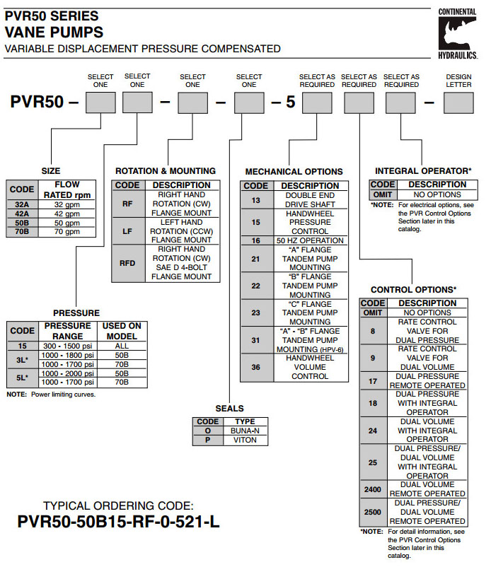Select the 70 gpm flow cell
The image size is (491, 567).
68,231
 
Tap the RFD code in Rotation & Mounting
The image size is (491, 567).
127,263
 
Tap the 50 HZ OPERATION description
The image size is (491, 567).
310,240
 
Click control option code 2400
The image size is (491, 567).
373,489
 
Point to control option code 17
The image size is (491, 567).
373,381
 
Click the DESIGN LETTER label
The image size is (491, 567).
459,80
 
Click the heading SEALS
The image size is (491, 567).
230,409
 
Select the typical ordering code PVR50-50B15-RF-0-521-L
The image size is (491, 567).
117,522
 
